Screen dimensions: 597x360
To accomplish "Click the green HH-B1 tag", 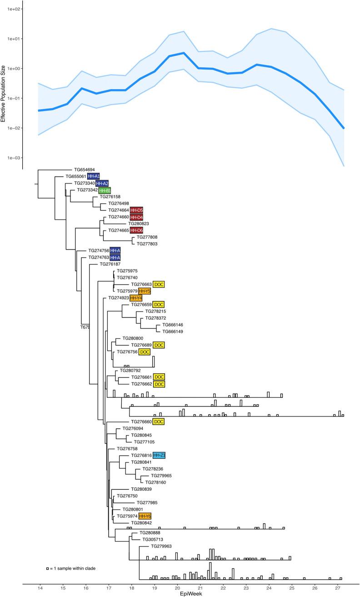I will point(105,190).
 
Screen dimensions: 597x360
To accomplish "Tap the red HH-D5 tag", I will point(136,210).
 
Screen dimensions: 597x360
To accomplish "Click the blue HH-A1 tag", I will point(93,176).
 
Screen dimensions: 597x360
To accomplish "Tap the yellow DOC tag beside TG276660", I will point(158,421).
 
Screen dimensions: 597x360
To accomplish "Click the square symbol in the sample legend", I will point(47,569).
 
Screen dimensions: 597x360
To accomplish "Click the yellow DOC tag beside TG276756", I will point(145,352).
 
